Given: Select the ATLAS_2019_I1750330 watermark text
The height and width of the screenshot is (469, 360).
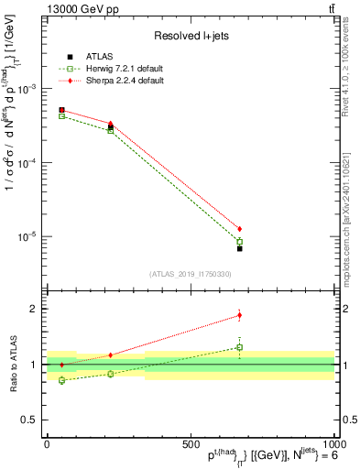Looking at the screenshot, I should [190, 274].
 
